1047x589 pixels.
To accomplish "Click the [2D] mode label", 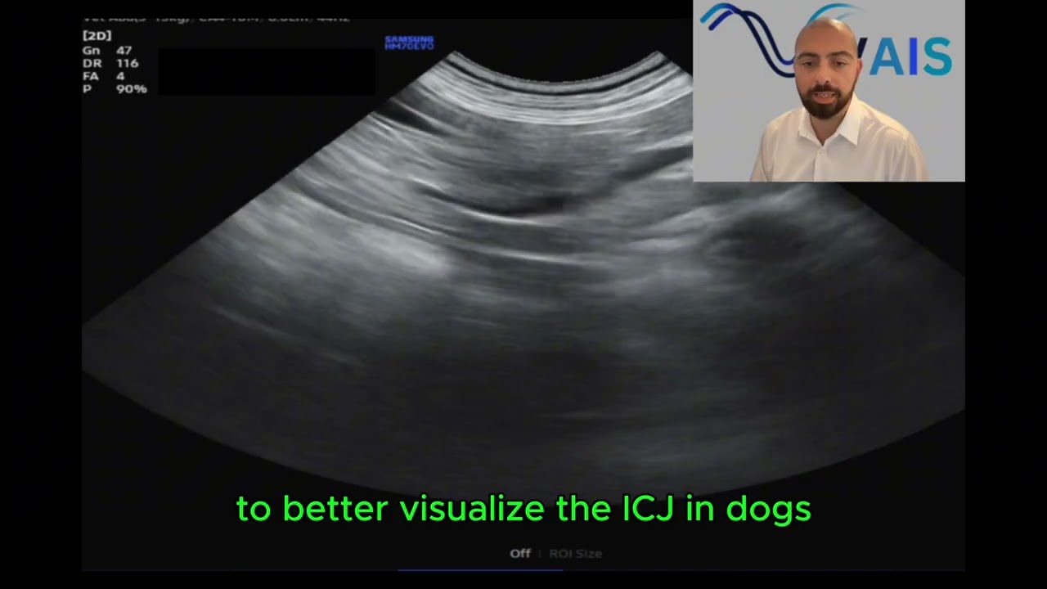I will pos(97,36).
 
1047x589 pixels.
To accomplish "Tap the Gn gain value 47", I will pos(124,51).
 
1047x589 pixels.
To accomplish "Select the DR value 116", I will pos(127,63).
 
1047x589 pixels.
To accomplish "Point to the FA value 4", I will pos(120,76).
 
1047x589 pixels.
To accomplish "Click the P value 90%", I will pos(131,88).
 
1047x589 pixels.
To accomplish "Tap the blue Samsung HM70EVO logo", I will pos(409,43).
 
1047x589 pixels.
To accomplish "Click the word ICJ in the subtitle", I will pos(649,509).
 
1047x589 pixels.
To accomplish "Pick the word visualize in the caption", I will pos(473,509).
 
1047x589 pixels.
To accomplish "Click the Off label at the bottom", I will pos(520,554).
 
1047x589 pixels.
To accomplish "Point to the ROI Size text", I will pos(575,554).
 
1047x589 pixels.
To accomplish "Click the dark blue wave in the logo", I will pos(748,33).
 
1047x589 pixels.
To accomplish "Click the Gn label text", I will pos(91,51).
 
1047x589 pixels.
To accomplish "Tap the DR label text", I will pos(91,63).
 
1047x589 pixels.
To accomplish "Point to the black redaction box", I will pos(266,71).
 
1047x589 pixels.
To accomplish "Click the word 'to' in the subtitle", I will pos(253,509).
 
